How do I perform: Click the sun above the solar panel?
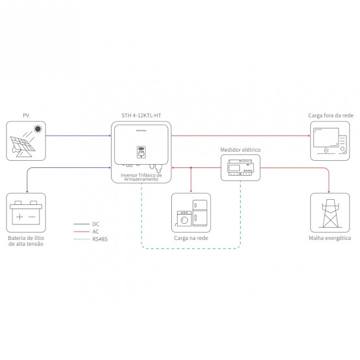38,129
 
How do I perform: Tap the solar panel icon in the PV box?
23,147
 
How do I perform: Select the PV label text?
26,115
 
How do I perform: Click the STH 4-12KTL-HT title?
141,115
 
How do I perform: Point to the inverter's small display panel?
141,152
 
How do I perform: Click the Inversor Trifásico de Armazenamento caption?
141,177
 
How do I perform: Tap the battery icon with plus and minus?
26,213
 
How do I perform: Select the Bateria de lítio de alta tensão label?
26,241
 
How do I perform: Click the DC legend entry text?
96,224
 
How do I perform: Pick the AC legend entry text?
95,232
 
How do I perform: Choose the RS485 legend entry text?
100,239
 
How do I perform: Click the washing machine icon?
184,219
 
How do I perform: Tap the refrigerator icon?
200,213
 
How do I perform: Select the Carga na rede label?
191,238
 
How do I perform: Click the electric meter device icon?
241,168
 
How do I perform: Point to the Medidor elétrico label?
241,150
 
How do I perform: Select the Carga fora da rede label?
331,115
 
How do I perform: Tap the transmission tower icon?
330,213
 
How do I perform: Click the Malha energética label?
330,238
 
